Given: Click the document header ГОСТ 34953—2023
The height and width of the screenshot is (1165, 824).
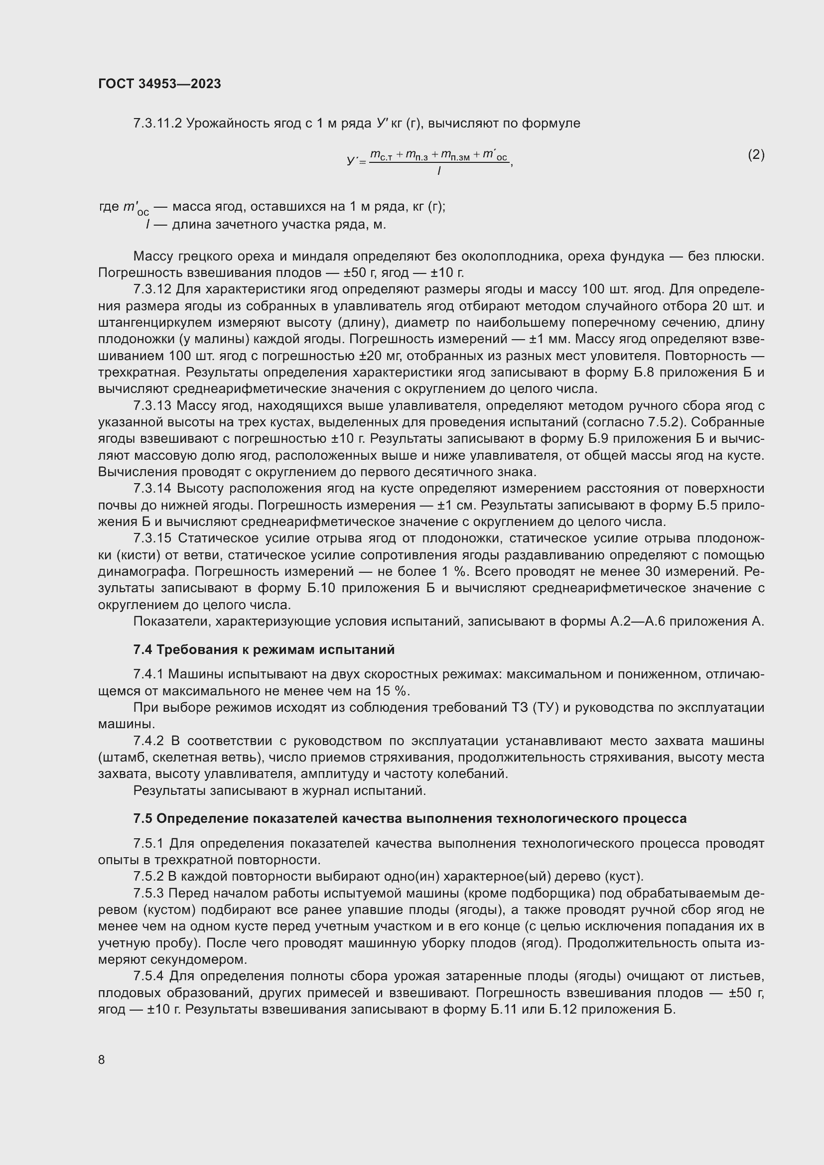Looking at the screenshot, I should tap(159, 84).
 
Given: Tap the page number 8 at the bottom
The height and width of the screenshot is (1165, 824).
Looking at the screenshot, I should tap(102, 1059).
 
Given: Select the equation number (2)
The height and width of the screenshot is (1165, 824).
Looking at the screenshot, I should tap(756, 155).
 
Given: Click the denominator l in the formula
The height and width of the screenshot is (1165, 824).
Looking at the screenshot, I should tap(439, 171).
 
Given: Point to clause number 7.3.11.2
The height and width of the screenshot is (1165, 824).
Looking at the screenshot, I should tap(157, 124).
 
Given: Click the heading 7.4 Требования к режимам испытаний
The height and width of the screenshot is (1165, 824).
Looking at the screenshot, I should tap(264, 649).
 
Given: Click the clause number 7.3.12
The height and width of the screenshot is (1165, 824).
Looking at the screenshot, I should tap(152, 289).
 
